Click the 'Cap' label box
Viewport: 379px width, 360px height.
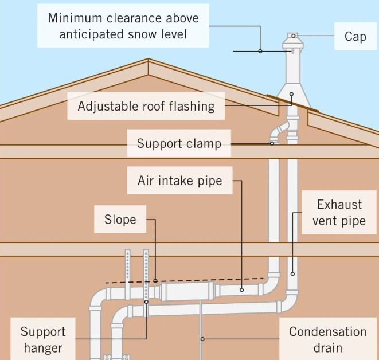tap(355, 36)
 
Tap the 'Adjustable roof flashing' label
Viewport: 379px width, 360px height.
tap(146, 106)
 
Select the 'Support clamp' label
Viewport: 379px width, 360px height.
tap(178, 143)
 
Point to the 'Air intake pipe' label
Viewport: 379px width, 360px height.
tap(179, 181)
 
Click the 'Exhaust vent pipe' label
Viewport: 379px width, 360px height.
tap(339, 213)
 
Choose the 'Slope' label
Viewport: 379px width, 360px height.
tap(120, 220)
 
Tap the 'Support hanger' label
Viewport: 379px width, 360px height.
tap(43, 339)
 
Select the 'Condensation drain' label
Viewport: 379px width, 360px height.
tap(327, 339)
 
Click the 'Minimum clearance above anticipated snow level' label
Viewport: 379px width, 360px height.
tap(123, 26)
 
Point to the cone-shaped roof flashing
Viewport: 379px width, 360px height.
tap(292, 95)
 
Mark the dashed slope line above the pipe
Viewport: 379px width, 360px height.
tap(189, 280)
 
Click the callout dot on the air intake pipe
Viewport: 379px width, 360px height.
tap(241, 290)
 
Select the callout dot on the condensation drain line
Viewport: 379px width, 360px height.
tap(201, 339)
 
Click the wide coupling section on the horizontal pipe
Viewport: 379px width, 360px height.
tap(187, 292)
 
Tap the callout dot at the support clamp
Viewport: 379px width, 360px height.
tap(272, 143)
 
